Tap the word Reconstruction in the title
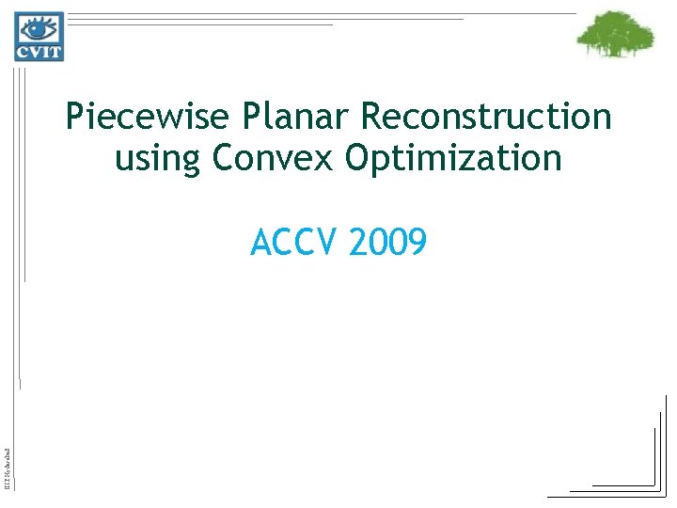click(486, 118)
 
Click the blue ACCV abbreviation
click(294, 244)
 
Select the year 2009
click(387, 244)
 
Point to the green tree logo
click(615, 35)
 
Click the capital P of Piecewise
click(74, 118)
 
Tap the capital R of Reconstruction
click(371, 118)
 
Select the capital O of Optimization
click(358, 157)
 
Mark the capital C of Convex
click(223, 157)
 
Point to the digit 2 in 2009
click(357, 244)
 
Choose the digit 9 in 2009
click(417, 244)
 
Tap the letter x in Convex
click(324, 159)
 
